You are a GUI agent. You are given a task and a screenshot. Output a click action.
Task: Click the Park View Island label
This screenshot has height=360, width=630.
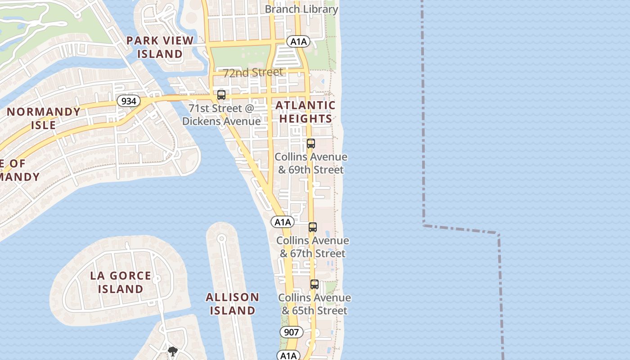click(x=160, y=47)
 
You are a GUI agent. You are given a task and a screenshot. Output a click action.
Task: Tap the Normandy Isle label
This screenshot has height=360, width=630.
click(x=44, y=118)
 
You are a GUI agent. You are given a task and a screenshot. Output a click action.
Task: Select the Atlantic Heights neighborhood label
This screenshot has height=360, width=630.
click(x=306, y=112)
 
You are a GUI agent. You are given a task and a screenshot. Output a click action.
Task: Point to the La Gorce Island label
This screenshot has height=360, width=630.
click(x=121, y=282)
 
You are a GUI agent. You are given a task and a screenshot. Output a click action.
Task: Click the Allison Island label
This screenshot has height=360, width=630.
click(x=233, y=304)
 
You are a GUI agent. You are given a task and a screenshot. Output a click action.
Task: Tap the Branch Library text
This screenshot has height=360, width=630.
click(x=301, y=9)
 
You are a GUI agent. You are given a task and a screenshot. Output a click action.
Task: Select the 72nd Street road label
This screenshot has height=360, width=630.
click(x=253, y=72)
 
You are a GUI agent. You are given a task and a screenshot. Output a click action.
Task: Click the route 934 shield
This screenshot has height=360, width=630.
click(x=129, y=101)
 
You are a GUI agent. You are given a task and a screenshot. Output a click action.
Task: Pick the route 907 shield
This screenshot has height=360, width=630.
click(x=292, y=332)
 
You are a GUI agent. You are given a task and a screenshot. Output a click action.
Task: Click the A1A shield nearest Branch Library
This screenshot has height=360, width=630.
click(x=298, y=42)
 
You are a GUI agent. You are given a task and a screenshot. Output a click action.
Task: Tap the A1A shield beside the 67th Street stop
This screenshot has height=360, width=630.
click(x=283, y=222)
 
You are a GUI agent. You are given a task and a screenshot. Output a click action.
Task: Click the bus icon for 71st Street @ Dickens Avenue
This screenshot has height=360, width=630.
click(x=221, y=95)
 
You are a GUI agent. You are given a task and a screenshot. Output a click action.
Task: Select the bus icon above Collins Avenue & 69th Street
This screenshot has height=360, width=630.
click(x=310, y=144)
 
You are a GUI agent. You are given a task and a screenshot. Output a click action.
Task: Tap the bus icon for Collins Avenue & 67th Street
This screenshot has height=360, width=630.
click(x=313, y=227)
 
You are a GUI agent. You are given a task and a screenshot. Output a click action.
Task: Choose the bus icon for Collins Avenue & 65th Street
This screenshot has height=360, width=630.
click(x=314, y=284)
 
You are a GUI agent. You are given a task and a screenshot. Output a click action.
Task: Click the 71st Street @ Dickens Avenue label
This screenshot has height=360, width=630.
click(x=221, y=115)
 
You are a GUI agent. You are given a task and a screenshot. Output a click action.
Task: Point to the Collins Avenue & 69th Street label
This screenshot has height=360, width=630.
click(x=311, y=163)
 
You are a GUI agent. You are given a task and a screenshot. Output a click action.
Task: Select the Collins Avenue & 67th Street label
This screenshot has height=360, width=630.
click(x=313, y=247)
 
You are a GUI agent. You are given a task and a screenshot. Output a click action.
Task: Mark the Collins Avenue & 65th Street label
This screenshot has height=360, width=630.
click(x=315, y=304)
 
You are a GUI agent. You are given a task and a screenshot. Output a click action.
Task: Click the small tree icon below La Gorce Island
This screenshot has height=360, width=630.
click(x=172, y=351)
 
